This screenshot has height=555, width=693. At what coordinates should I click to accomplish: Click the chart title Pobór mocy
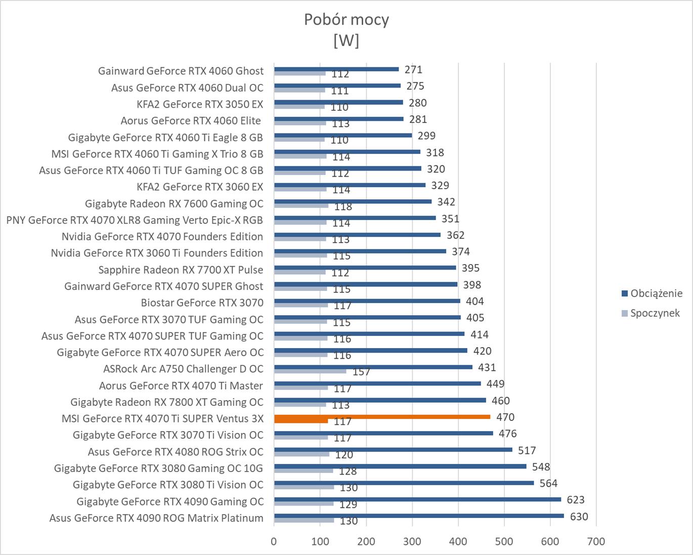346,20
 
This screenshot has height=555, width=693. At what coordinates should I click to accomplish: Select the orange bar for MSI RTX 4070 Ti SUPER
382,417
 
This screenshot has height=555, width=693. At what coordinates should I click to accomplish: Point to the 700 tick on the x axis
596,541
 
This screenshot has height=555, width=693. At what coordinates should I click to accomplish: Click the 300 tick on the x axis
412,541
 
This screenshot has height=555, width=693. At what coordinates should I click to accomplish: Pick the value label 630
579,517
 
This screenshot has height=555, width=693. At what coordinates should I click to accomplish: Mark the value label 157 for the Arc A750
361,372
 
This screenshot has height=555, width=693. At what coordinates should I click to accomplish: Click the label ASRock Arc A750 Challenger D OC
183,369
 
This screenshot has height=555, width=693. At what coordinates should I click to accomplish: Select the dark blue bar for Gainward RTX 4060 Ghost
336,69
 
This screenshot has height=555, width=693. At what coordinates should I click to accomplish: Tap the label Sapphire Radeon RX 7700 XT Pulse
181,270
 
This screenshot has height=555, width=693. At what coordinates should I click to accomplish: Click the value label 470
505,417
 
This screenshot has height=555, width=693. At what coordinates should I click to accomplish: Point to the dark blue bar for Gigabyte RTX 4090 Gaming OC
417,499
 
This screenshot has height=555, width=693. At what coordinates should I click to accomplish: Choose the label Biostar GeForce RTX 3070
202,303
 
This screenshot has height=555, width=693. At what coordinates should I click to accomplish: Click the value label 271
413,70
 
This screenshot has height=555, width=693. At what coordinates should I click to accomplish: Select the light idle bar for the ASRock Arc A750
310,371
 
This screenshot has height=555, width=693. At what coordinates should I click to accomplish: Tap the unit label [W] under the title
346,40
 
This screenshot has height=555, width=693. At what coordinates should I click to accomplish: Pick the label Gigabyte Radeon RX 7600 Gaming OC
174,203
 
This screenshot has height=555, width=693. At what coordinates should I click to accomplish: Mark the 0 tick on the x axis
274,541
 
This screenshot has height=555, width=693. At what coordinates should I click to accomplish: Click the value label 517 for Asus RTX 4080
527,450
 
